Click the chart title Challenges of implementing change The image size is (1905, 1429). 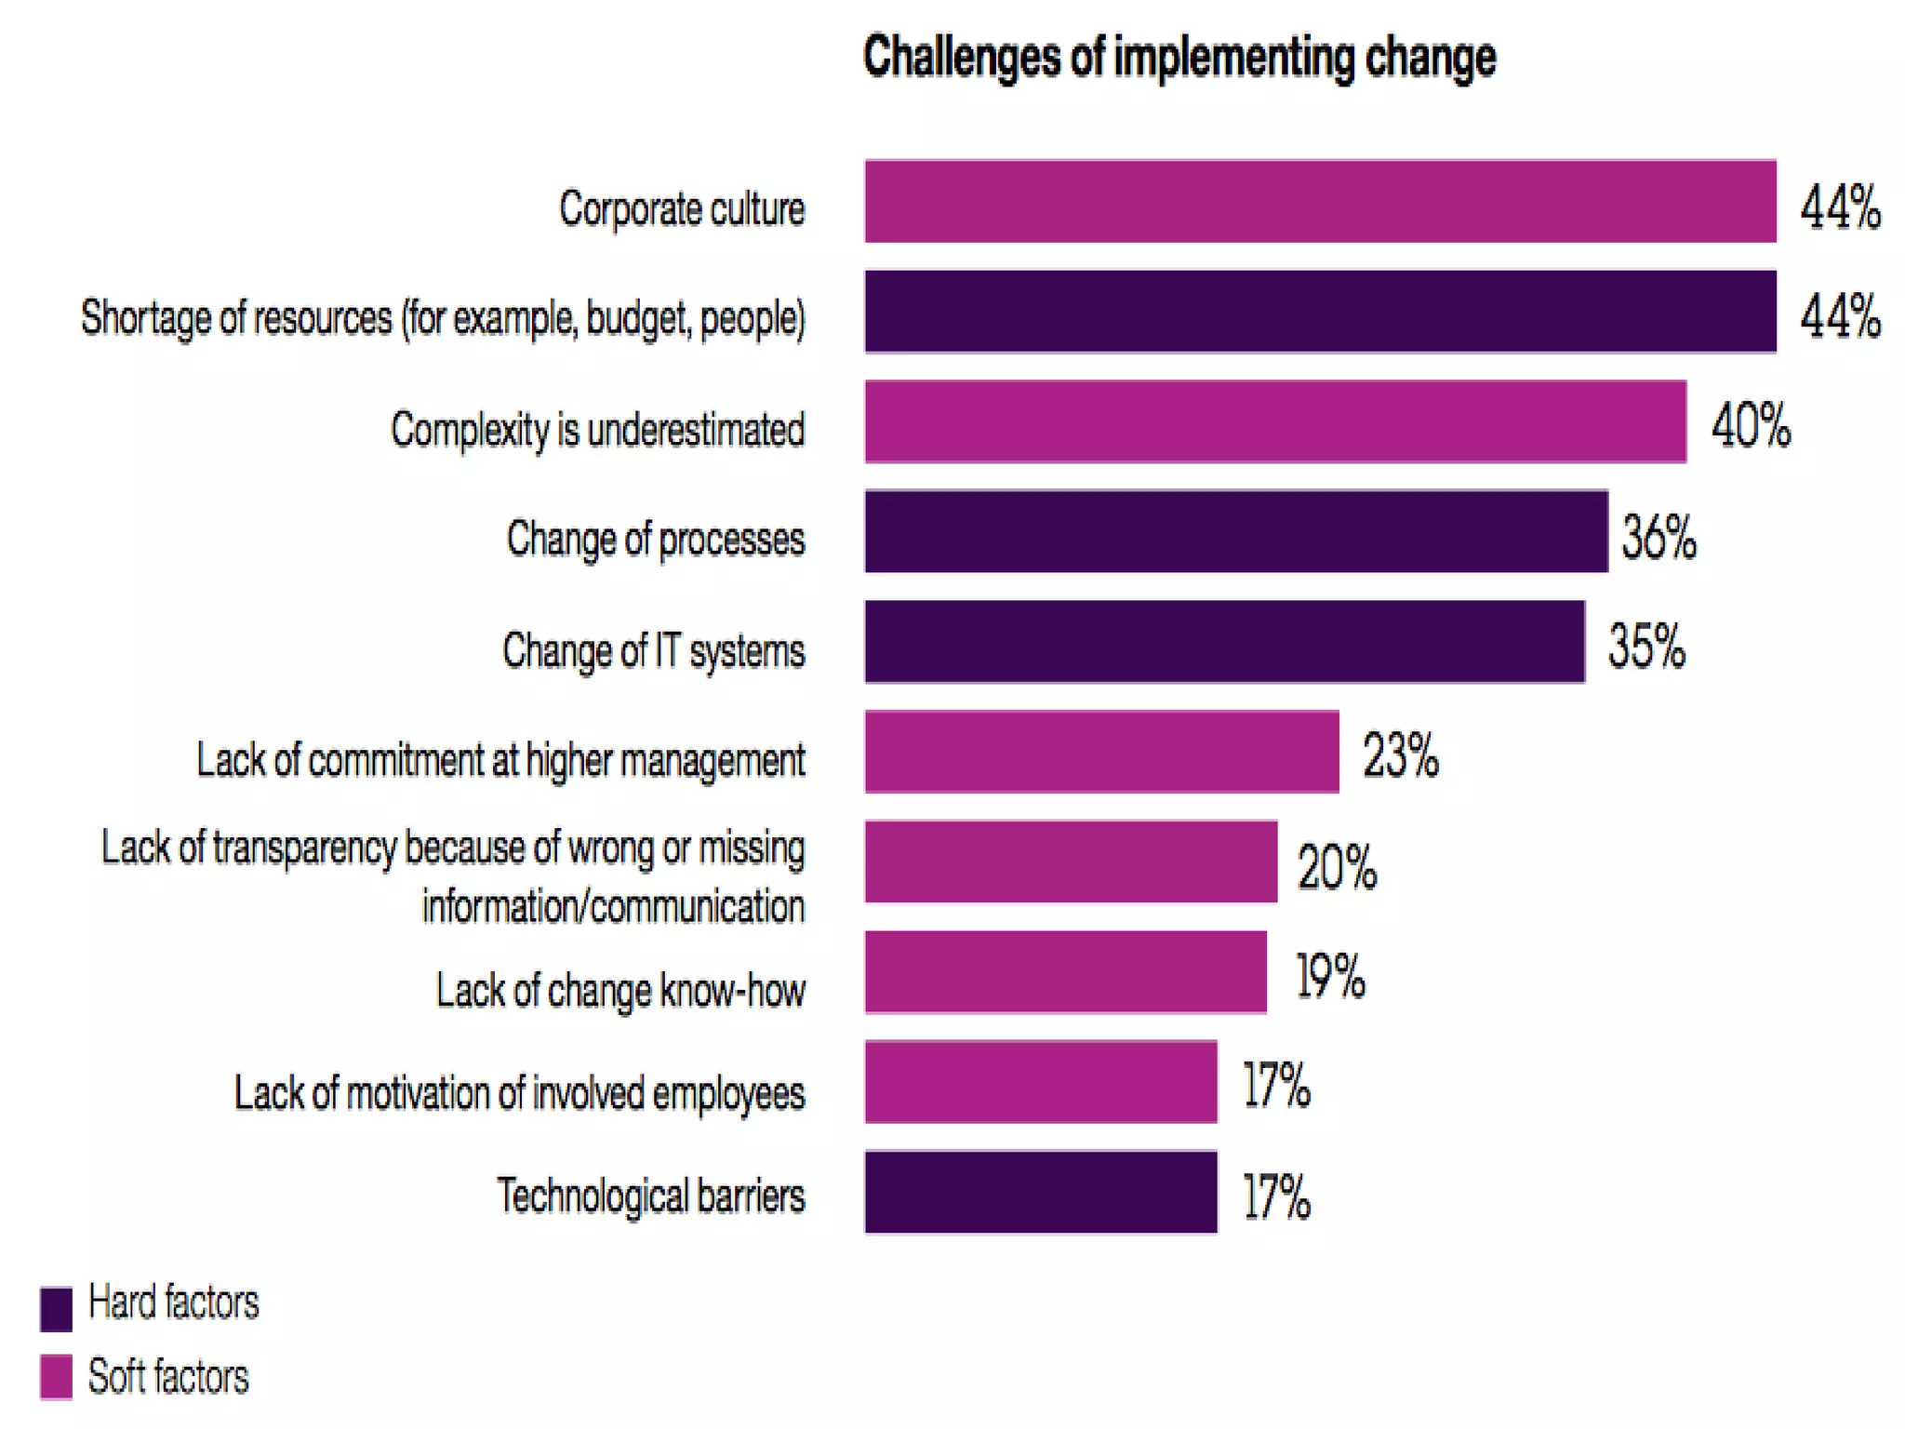click(x=1179, y=57)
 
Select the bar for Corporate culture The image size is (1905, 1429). click(x=1320, y=201)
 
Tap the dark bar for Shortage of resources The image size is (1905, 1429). click(x=1320, y=312)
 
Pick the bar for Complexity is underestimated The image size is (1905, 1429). click(x=1275, y=421)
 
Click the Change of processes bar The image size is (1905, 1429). click(x=1235, y=531)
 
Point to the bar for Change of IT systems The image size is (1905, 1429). click(x=1224, y=642)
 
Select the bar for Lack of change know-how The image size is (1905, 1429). click(x=1065, y=972)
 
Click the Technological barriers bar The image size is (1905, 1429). click(x=1040, y=1193)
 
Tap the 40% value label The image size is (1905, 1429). click(x=1751, y=426)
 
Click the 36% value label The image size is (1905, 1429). click(x=1659, y=537)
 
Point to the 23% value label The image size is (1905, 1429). click(x=1400, y=755)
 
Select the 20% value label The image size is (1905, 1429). click(x=1337, y=867)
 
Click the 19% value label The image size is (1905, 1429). click(x=1330, y=976)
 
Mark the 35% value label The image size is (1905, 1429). click(x=1646, y=646)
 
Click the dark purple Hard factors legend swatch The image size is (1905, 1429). click(x=56, y=1309)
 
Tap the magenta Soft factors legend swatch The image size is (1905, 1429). click(x=56, y=1377)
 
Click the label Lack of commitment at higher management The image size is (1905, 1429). click(x=500, y=760)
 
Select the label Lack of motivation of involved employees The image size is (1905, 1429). click(x=519, y=1093)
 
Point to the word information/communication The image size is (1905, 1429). click(x=613, y=906)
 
